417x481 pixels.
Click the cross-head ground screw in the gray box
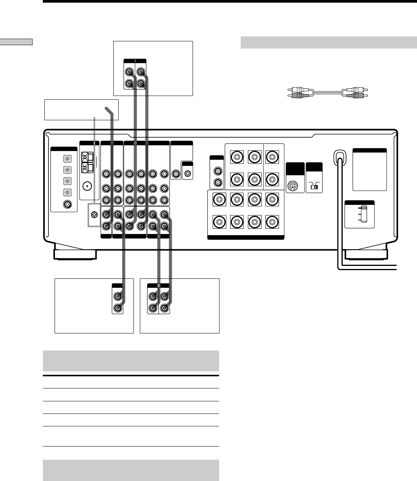94,214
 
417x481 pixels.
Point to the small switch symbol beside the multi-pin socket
314,186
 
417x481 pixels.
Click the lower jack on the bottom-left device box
118,308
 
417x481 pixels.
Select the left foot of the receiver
75,254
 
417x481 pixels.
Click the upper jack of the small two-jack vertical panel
218,171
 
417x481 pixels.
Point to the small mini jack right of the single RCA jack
188,174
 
